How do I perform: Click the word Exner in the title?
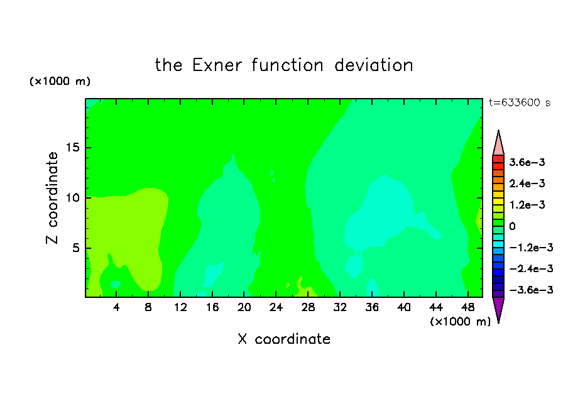pyautogui.click(x=217, y=65)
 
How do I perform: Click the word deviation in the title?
pyautogui.click(x=373, y=65)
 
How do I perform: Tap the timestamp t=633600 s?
pyautogui.click(x=520, y=102)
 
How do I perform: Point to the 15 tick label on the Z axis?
pyautogui.click(x=73, y=148)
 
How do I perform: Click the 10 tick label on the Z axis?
pyautogui.click(x=73, y=198)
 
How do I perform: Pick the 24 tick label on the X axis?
pyautogui.click(x=276, y=307)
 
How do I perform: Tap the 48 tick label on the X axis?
pyautogui.click(x=467, y=307)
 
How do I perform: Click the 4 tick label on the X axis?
pyautogui.click(x=116, y=307)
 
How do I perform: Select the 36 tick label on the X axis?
pyautogui.click(x=372, y=307)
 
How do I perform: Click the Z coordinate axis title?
pyautogui.click(x=52, y=198)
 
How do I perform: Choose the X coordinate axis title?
pyautogui.click(x=284, y=339)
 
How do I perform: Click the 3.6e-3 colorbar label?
pyautogui.click(x=527, y=162)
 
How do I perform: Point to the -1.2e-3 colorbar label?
pyautogui.click(x=531, y=248)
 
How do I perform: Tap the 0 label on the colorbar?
pyautogui.click(x=512, y=226)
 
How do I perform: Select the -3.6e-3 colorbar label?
pyautogui.click(x=531, y=290)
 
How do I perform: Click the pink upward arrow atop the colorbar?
pyautogui.click(x=498, y=143)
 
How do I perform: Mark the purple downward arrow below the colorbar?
pyautogui.click(x=498, y=309)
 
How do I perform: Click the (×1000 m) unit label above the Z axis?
pyautogui.click(x=60, y=81)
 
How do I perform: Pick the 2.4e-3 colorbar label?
pyautogui.click(x=527, y=184)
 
